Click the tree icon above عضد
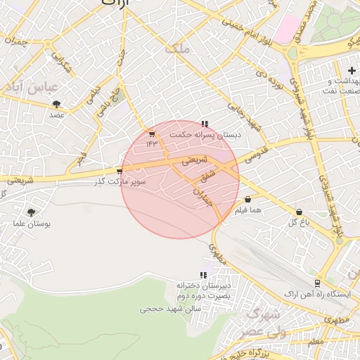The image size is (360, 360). [56, 105]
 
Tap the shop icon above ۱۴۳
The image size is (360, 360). [152, 134]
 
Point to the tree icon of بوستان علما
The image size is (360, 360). [31, 213]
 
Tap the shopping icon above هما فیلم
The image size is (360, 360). [248, 200]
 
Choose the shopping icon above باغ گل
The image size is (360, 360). [300, 212]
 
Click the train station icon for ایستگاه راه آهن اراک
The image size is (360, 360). [318, 283]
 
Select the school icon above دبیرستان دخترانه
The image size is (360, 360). [204, 275]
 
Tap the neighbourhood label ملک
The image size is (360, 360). [177, 49]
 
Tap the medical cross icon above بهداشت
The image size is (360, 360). [351, 70]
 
